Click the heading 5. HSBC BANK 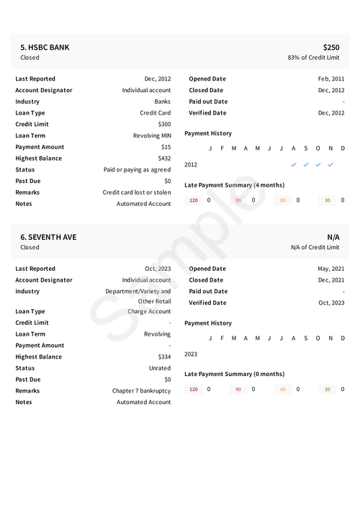45,48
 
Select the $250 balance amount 331,48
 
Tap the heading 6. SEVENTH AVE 48,237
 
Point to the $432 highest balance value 164,158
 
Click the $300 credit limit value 164,125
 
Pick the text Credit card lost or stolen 137,192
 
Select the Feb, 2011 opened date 330,79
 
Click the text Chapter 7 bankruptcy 141,391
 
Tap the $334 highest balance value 164,357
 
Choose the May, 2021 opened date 330,269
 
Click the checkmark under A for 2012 293,164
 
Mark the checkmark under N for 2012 330,164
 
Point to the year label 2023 191,354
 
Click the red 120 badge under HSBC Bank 194,200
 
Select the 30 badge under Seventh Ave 328,390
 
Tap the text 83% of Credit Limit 313,58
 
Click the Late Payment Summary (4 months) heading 234,185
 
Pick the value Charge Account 149,312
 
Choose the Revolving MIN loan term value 152,135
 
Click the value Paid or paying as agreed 137,170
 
